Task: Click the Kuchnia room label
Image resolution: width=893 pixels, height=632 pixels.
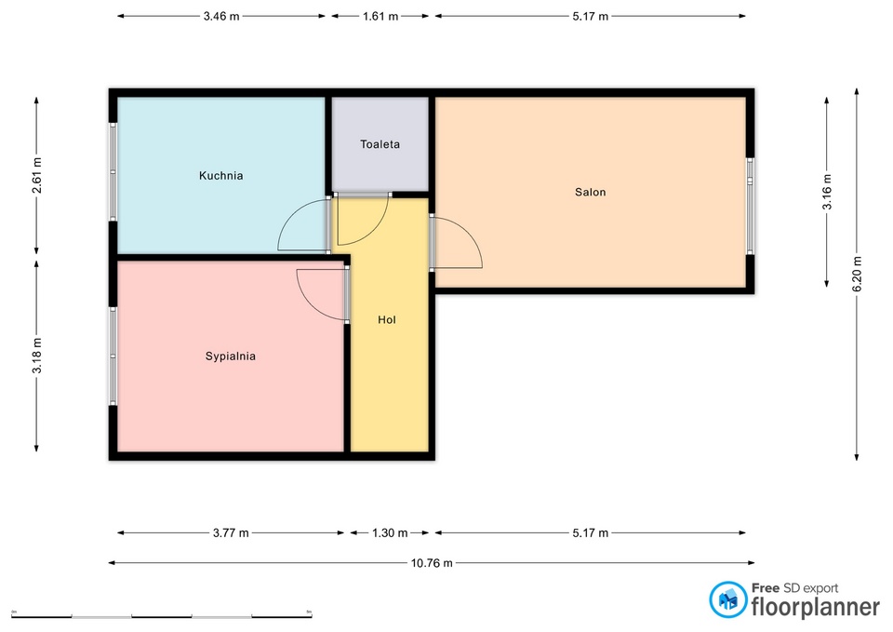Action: pyautogui.click(x=221, y=176)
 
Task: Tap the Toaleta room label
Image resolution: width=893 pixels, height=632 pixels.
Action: pyautogui.click(x=380, y=144)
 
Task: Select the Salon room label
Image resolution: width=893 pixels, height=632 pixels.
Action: pyautogui.click(x=590, y=192)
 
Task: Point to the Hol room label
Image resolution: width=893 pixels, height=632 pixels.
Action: pyautogui.click(x=387, y=319)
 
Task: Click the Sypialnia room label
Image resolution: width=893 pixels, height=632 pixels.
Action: pyautogui.click(x=230, y=356)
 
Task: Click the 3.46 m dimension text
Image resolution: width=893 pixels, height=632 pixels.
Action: pyautogui.click(x=221, y=17)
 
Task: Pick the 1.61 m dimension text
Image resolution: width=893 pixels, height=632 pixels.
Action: pyautogui.click(x=380, y=17)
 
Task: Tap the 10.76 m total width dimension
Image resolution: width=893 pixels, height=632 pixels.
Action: pyautogui.click(x=432, y=563)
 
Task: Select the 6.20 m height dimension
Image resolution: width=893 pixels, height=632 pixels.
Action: pyautogui.click(x=857, y=274)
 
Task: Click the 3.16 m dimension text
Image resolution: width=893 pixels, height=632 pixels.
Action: pyautogui.click(x=827, y=192)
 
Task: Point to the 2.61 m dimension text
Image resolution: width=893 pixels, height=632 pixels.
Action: pyautogui.click(x=37, y=176)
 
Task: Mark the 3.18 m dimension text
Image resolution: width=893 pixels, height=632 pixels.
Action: pyautogui.click(x=37, y=356)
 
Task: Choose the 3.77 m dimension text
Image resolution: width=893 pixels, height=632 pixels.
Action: pyautogui.click(x=231, y=532)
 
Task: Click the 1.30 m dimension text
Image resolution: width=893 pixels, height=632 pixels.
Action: pyautogui.click(x=390, y=532)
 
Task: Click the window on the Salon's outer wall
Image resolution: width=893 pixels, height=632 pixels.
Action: pyautogui.click(x=750, y=206)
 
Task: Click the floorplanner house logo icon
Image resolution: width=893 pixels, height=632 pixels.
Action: pyautogui.click(x=727, y=599)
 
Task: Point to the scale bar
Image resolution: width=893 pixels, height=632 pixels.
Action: pyautogui.click(x=162, y=616)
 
